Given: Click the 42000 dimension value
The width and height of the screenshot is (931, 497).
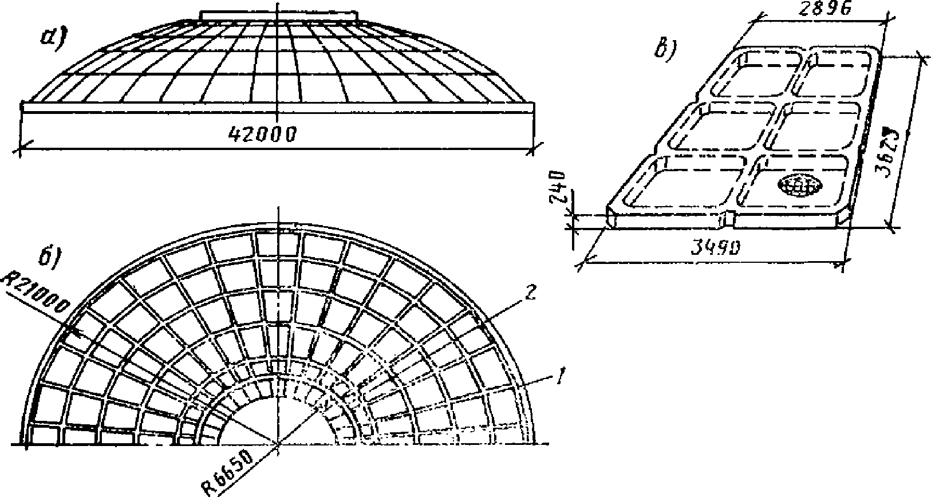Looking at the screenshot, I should click(x=262, y=134).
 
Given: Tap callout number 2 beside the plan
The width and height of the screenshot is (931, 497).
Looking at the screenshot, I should click(x=531, y=294).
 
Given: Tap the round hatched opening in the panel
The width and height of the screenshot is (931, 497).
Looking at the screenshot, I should click(x=799, y=184).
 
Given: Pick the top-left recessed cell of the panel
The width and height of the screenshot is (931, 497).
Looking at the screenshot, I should click(x=757, y=74).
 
